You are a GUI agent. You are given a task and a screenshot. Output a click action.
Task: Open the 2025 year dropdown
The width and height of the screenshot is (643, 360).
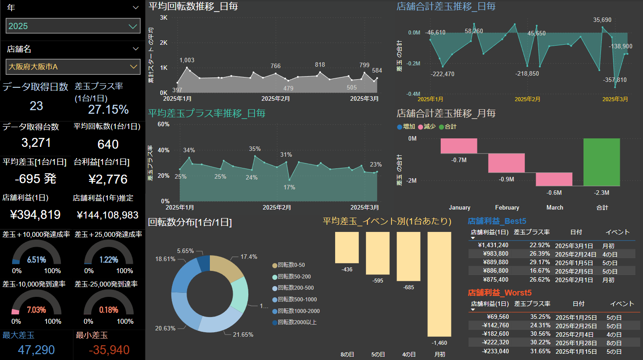pyautogui.click(x=73, y=26)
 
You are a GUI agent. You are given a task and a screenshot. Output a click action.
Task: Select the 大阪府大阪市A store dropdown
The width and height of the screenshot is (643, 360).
pyautogui.click(x=73, y=67)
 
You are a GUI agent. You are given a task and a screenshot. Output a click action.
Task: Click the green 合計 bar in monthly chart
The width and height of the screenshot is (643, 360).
pyautogui.click(x=602, y=162)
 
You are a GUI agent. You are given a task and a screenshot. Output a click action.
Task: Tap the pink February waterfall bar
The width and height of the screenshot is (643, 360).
pyautogui.click(x=507, y=163)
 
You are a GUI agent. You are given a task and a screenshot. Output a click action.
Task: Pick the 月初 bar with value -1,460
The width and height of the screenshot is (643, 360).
pyautogui.click(x=439, y=284)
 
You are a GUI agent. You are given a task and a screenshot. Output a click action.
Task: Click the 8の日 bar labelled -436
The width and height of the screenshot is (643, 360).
pyautogui.click(x=347, y=247)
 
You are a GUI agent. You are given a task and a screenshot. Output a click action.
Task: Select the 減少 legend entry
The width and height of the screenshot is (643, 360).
pyautogui.click(x=426, y=127)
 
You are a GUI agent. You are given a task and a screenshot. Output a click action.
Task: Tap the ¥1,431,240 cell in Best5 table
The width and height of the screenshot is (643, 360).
pyautogui.click(x=493, y=245)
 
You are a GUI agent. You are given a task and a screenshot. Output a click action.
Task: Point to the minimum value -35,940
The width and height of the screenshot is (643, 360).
pyautogui.click(x=109, y=350)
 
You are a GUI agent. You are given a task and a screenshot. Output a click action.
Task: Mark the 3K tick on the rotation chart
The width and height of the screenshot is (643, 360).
pyautogui.click(x=163, y=17)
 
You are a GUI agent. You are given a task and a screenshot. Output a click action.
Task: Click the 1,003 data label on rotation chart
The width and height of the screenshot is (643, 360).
pyautogui.click(x=187, y=60)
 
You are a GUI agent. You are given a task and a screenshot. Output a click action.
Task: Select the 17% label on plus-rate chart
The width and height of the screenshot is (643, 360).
pyautogui.click(x=289, y=187)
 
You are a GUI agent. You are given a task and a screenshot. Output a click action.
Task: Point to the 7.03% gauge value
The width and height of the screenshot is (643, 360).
pyautogui.click(x=36, y=310)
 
